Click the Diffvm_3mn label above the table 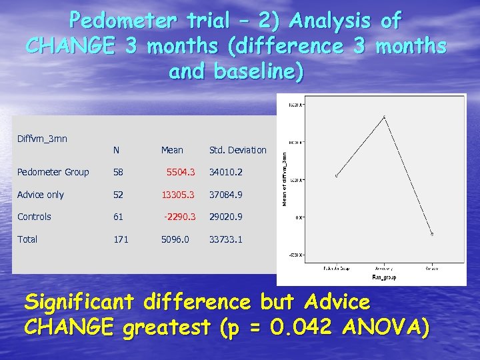coord(42,139)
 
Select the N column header coord(116,151)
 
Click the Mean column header coord(172,151)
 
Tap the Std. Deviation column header coord(237,151)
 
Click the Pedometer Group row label coord(53,173)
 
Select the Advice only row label coord(41,195)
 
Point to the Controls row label coord(35,217)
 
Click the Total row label coord(27,239)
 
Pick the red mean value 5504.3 coord(181,173)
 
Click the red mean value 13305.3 coord(178,195)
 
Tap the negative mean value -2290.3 coord(179,217)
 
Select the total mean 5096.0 coord(175,239)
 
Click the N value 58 coord(119,173)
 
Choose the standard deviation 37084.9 coord(226,195)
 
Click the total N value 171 coord(121,239)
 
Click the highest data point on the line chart coord(384,117)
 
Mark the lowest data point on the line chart coord(432,234)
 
